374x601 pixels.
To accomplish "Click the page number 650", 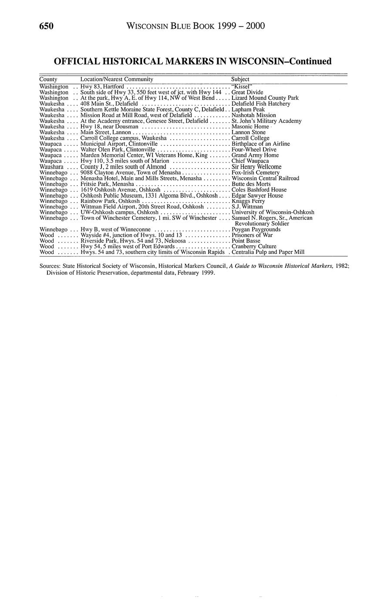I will (x=46, y=27).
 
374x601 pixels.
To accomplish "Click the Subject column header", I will (x=240, y=79).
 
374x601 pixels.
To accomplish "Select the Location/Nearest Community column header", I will (x=117, y=79).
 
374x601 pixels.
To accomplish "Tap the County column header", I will (x=48, y=79).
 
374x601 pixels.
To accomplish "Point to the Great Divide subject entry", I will (x=247, y=92).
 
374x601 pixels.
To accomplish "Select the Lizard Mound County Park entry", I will (x=265, y=98).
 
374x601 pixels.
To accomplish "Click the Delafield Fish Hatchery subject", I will (x=261, y=104).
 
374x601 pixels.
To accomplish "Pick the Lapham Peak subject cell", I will (x=248, y=109).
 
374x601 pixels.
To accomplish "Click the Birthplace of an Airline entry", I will (x=261, y=144).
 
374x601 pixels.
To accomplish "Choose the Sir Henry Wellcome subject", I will (x=256, y=167).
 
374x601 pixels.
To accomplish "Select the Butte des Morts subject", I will (x=251, y=184).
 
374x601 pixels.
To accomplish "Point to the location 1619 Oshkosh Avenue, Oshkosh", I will (x=121, y=189).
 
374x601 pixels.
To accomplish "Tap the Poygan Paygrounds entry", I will (x=256, y=229).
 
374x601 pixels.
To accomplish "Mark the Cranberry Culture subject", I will (x=254, y=246).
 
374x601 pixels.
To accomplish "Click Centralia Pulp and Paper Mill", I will (x=268, y=252).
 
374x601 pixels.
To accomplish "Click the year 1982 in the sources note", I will (x=342, y=266).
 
